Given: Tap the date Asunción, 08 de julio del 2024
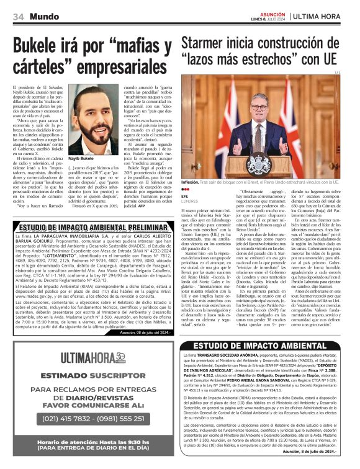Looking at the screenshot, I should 142,333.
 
